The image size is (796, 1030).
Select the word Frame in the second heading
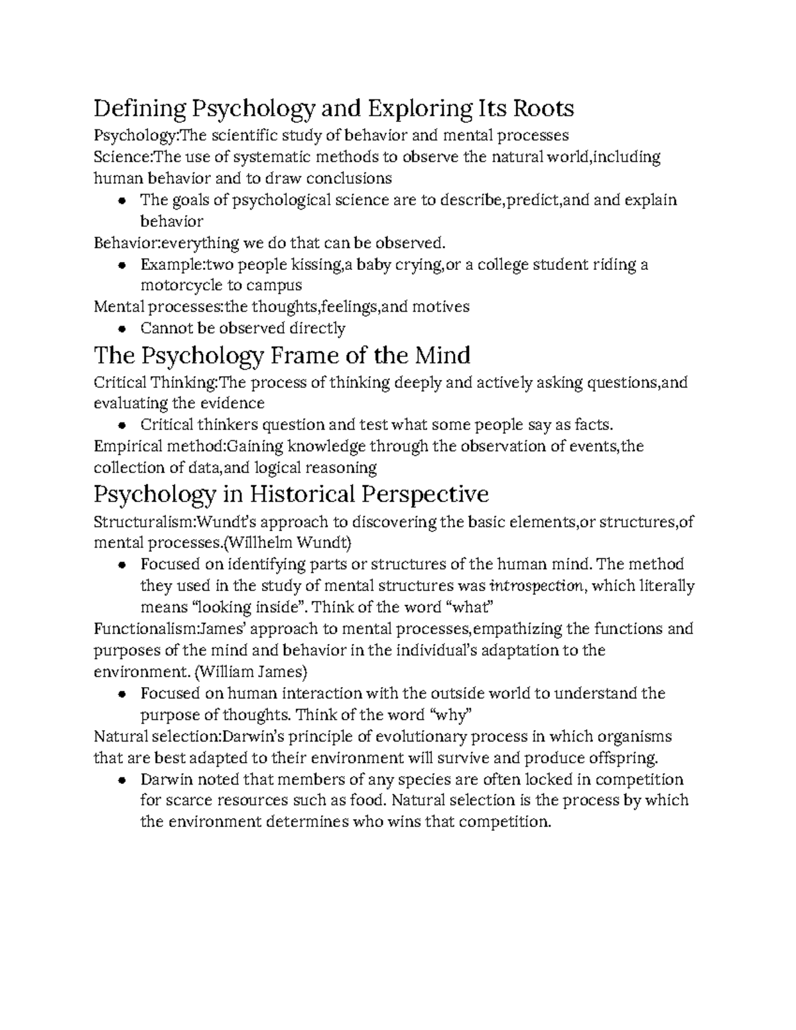coord(306,355)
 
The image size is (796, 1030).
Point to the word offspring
coord(624,757)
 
